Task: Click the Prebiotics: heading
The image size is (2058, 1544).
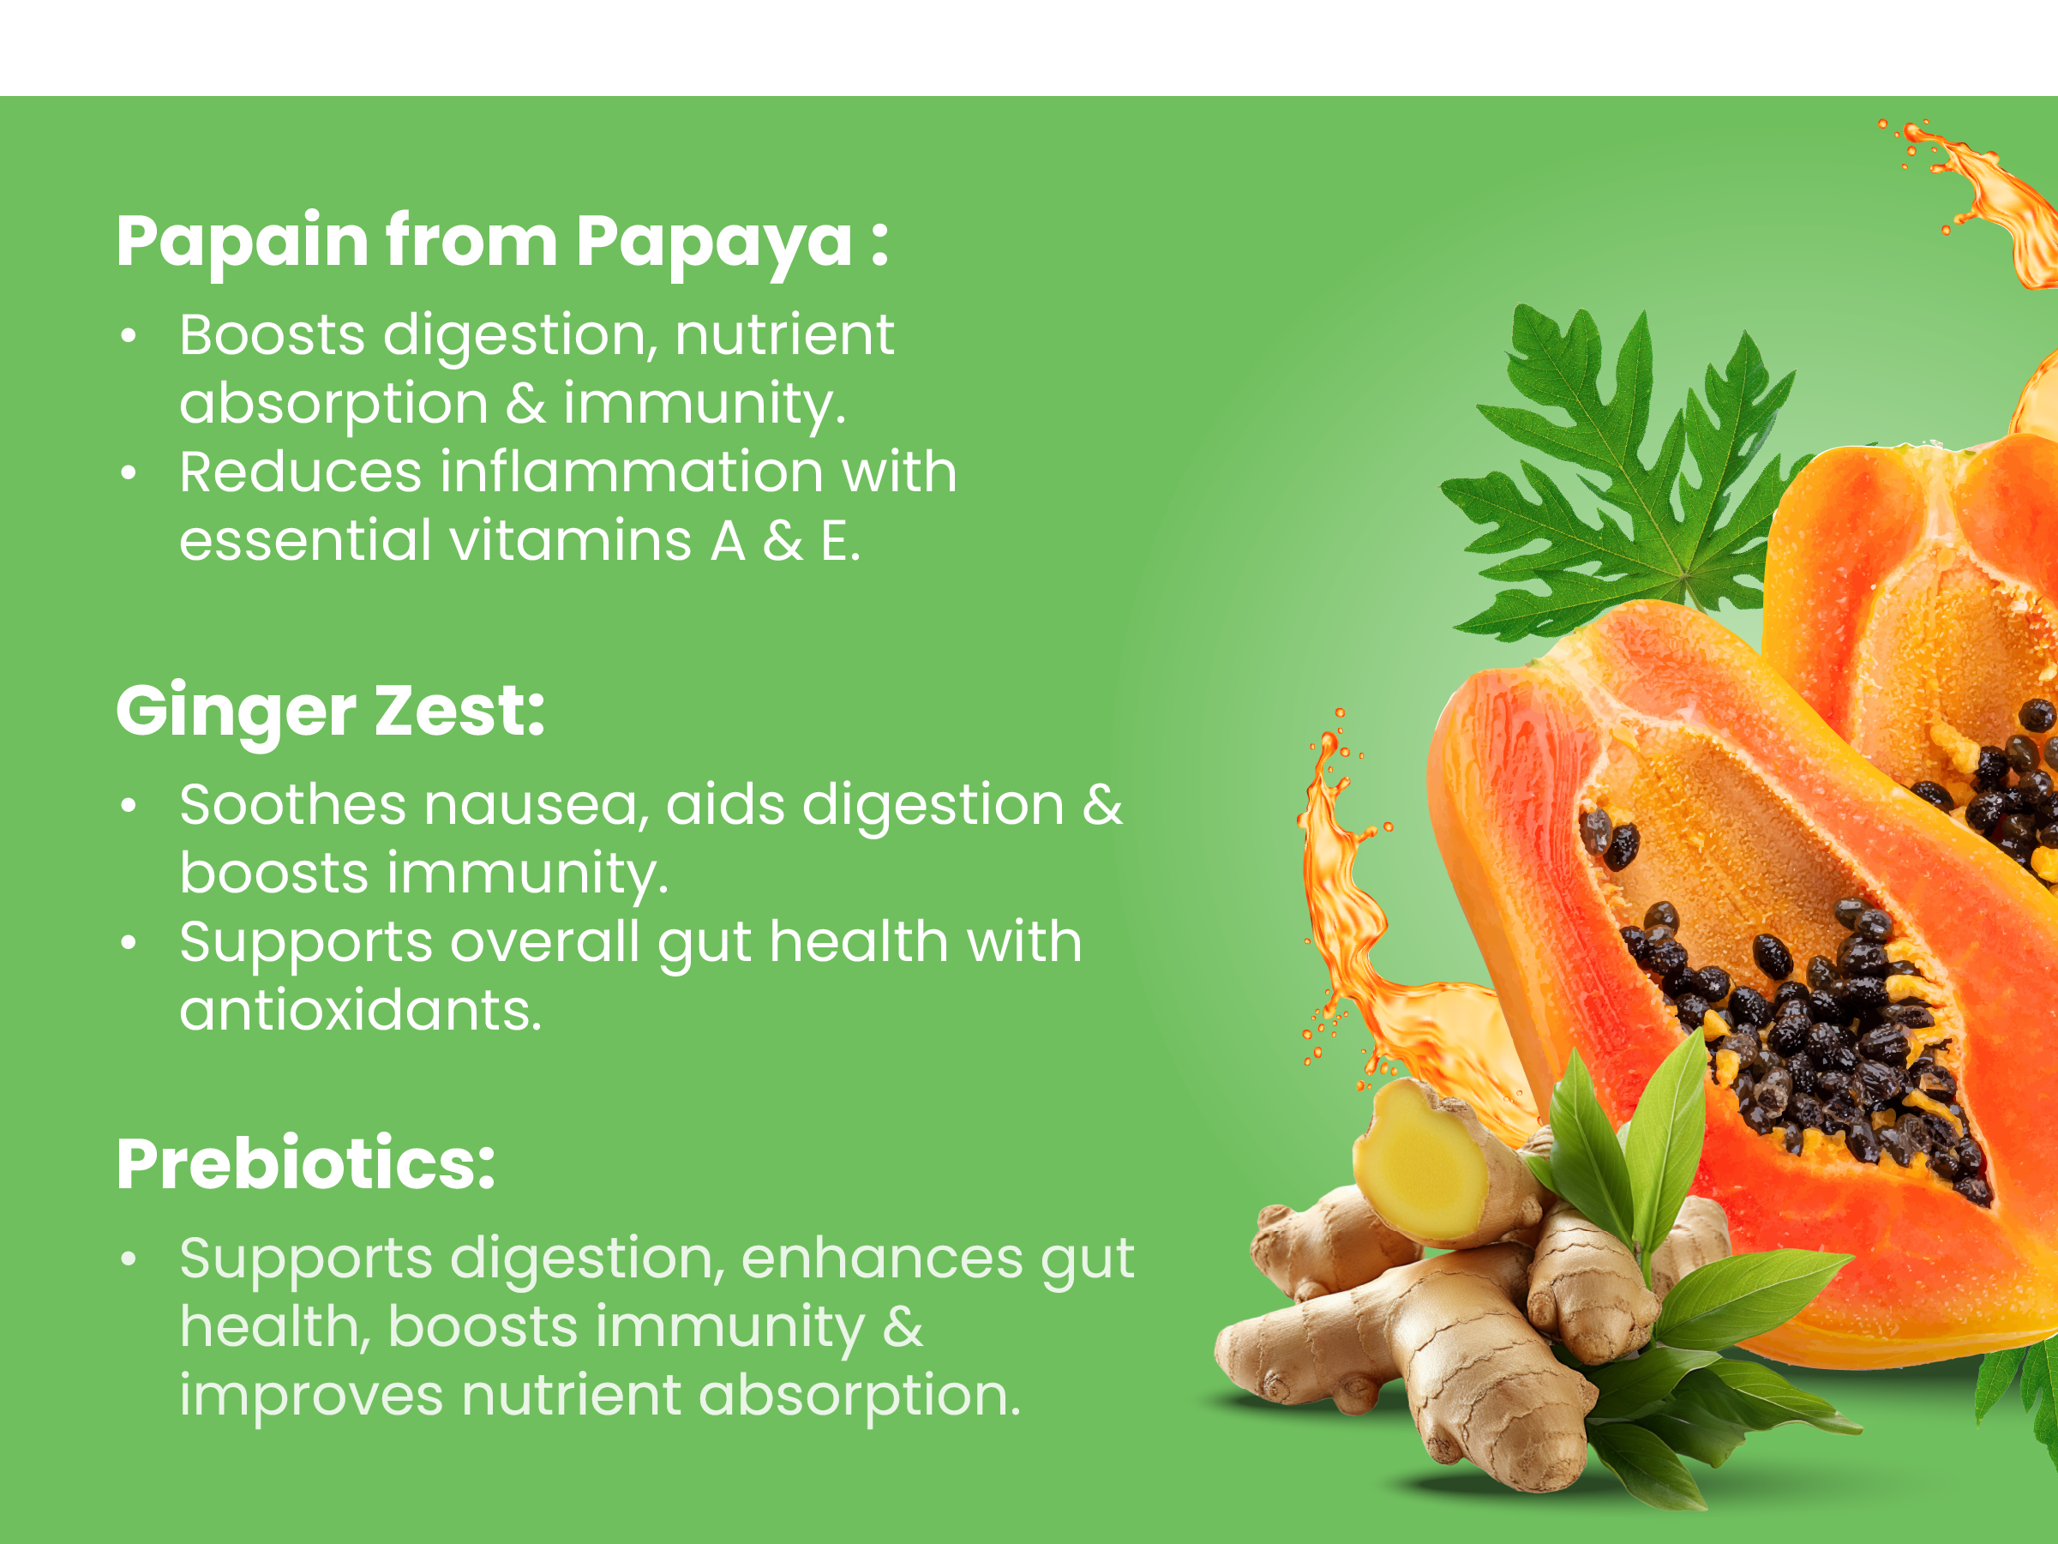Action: [306, 1164]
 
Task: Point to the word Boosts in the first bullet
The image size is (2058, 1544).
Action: [273, 335]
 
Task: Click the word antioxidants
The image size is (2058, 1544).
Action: [360, 1011]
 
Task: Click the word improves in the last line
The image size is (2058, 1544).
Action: [312, 1397]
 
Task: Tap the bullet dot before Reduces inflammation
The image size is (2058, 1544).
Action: [129, 474]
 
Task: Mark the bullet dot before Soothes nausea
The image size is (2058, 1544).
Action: [129, 806]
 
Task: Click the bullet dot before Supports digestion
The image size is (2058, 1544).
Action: [129, 1260]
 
